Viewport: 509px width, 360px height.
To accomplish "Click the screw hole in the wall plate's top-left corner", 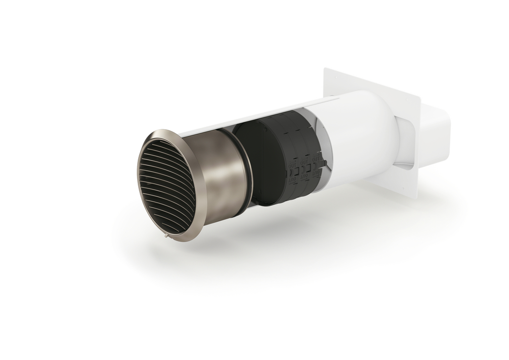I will point(335,78).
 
